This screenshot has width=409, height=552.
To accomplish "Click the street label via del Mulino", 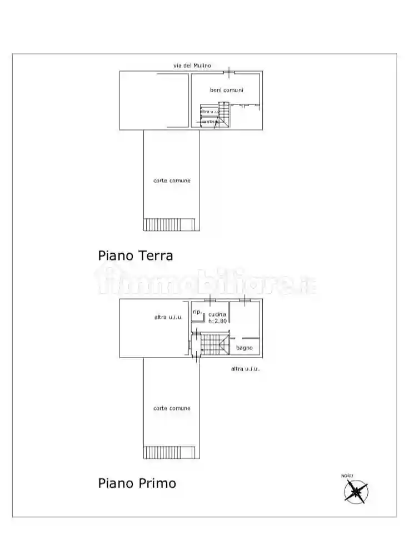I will coord(192,66).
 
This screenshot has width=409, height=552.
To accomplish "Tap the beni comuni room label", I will coord(226,90).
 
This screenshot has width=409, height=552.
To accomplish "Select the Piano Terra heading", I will coord(136,255).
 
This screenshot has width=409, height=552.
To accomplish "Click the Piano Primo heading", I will coord(137,483).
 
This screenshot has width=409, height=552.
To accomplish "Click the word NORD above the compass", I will coord(347,476).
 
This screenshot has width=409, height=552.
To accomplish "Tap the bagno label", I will coord(245,348).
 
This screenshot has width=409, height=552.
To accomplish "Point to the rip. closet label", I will coord(197,312).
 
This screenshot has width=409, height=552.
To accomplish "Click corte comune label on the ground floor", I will coord(172,180).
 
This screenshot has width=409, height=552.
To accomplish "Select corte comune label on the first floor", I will coord(172,408).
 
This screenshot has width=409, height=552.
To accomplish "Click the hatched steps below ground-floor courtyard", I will coord(171,224).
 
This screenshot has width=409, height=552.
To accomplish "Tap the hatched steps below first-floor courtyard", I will coord(171,452).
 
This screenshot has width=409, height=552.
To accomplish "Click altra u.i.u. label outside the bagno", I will coord(246,369).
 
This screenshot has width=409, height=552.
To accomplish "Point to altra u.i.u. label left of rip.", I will coord(169,317).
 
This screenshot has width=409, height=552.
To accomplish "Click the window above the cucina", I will coord(210,300).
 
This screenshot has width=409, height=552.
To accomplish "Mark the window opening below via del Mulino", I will coord(229,72).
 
